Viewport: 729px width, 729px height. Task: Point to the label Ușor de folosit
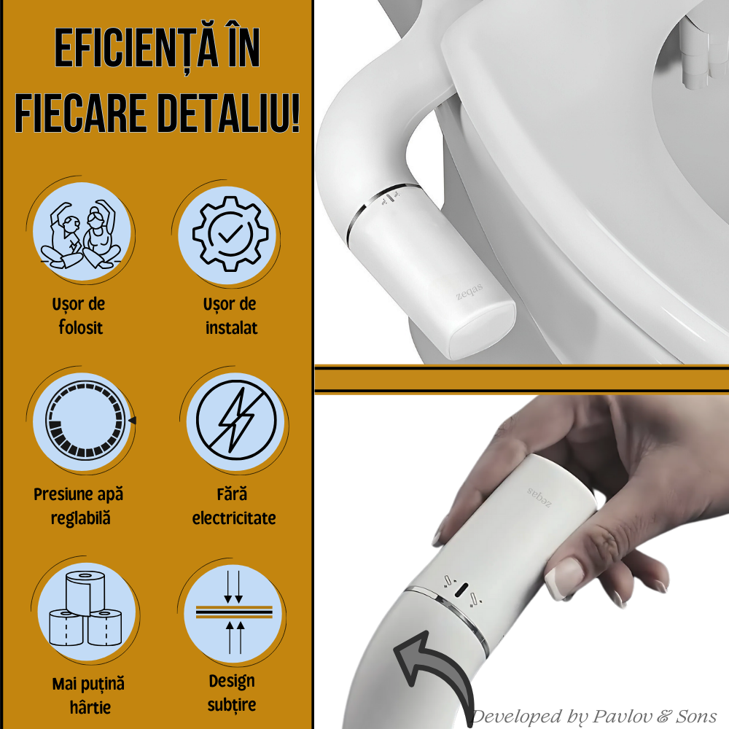click(x=81, y=316)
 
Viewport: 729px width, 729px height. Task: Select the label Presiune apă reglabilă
click(x=79, y=506)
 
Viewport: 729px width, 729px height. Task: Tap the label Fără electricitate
click(x=234, y=506)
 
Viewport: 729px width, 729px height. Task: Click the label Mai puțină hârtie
click(x=88, y=695)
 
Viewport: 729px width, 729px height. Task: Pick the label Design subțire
click(x=232, y=693)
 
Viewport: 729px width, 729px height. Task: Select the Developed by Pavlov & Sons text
click(x=594, y=716)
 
